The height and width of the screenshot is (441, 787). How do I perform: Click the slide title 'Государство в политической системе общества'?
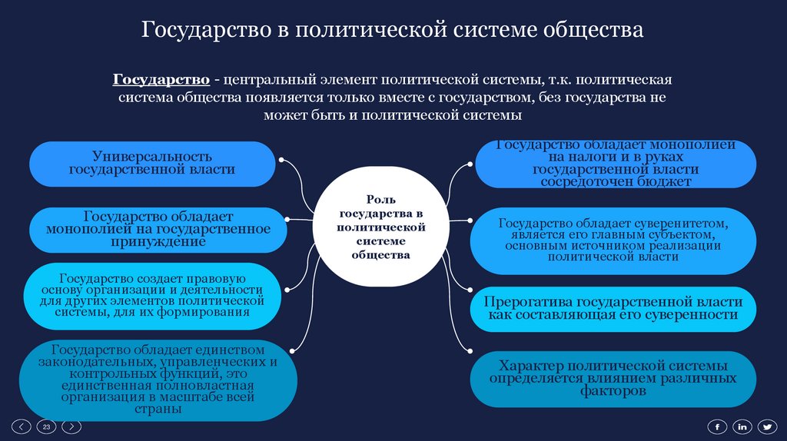(393, 31)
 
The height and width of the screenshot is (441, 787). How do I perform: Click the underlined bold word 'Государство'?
(162, 80)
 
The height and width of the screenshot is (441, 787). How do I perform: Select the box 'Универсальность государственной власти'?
(152, 163)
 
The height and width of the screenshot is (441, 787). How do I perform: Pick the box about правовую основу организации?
(152, 296)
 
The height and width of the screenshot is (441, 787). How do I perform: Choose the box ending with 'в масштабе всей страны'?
(151, 378)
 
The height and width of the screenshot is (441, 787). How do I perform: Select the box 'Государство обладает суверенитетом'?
(613, 240)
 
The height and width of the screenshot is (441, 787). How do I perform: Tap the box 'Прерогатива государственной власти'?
(613, 309)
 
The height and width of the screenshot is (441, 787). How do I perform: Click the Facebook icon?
(716, 426)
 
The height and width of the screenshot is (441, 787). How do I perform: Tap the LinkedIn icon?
(742, 426)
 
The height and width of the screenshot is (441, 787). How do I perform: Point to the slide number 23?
(46, 426)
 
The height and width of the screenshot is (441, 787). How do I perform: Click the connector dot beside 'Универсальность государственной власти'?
(282, 161)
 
